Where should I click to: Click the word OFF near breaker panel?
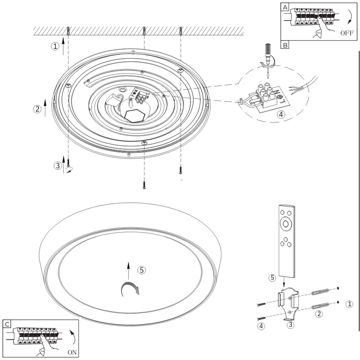346,33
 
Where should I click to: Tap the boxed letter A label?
286,7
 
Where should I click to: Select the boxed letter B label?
286,45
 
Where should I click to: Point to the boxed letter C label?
7,324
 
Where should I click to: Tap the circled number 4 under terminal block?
281,114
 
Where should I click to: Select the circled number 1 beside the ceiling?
55,46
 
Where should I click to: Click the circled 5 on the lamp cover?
142,270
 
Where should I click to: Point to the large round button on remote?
286,224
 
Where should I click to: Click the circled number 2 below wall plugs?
319,314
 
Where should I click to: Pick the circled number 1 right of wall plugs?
350,304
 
